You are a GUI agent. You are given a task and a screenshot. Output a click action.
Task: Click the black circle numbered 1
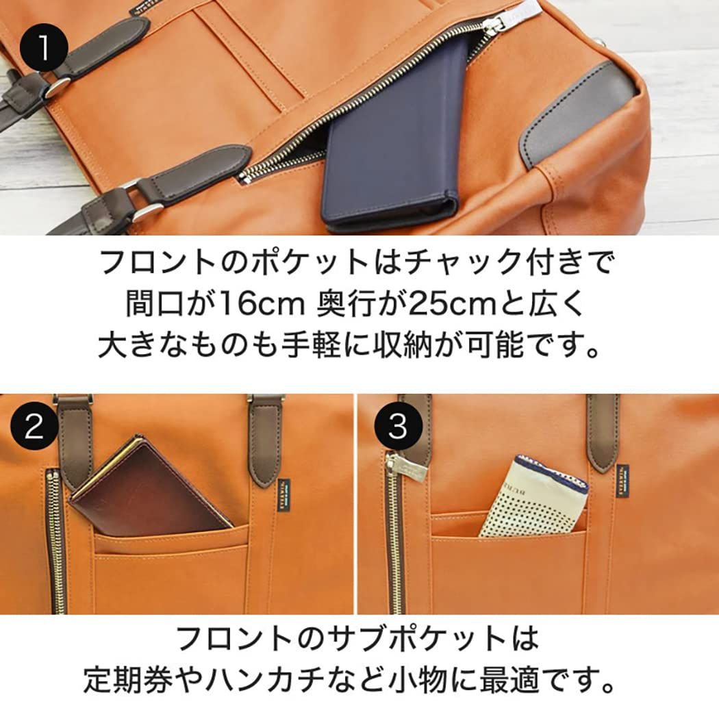43,48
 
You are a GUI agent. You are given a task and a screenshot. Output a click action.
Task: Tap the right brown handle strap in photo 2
264,438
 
